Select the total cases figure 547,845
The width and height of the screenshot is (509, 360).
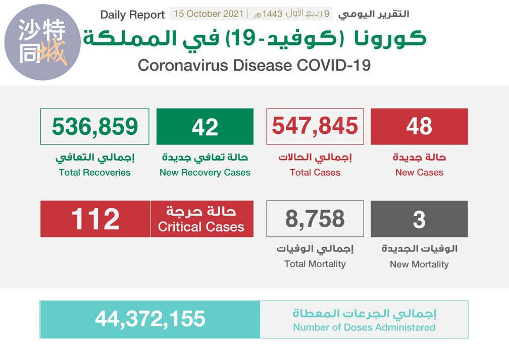click(x=315, y=126)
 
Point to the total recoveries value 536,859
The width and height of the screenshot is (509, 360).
click(x=95, y=126)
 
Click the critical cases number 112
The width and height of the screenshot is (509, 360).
click(x=95, y=219)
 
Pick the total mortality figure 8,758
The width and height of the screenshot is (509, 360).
click(x=315, y=219)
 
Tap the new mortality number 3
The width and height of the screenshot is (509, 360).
click(x=419, y=220)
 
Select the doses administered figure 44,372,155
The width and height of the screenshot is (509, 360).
click(x=150, y=319)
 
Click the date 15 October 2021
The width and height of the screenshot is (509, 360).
click(x=209, y=14)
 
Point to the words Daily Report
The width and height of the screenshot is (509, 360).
click(x=132, y=15)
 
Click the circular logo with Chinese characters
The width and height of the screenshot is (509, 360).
click(x=42, y=42)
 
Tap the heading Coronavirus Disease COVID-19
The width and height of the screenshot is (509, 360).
click(x=254, y=66)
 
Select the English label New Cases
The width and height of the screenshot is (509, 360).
click(x=419, y=172)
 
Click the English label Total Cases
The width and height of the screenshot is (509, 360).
click(x=315, y=172)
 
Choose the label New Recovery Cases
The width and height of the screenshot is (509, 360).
click(x=205, y=172)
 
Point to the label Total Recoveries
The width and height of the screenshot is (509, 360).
click(x=94, y=172)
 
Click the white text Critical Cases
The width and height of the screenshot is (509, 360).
click(x=201, y=227)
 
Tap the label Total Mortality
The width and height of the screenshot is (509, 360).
click(x=315, y=264)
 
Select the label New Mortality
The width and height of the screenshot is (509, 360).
click(x=419, y=264)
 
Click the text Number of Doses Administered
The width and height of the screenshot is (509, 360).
click(x=364, y=327)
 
